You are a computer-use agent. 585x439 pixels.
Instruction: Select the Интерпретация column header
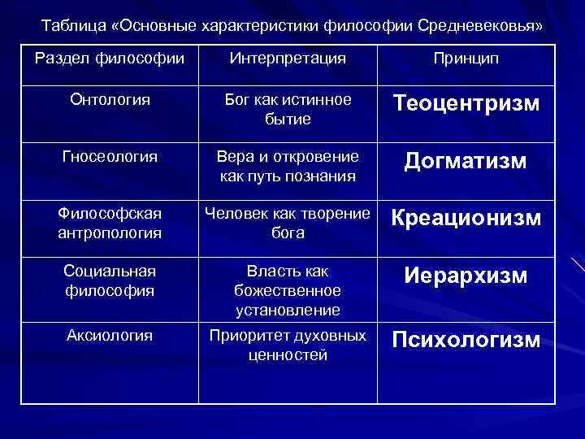288,59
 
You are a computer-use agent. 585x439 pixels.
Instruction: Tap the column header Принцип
466,59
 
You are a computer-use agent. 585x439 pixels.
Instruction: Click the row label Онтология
110,99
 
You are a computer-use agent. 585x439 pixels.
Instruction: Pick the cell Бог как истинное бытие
288,109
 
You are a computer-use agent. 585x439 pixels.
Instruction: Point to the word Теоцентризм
466,104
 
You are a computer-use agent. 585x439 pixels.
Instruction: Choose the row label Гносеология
109,154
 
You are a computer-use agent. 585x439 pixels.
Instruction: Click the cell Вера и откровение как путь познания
288,164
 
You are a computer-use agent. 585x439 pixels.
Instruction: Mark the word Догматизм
466,162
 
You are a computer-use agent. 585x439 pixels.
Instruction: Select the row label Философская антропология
110,222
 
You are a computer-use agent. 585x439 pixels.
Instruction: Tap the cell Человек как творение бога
288,222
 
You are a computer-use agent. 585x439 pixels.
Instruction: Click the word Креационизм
466,218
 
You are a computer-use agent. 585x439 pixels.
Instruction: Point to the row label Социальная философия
110,279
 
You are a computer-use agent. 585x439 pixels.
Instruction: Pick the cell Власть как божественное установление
288,289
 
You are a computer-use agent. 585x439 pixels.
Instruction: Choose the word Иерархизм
466,276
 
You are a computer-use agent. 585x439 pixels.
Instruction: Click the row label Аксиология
110,335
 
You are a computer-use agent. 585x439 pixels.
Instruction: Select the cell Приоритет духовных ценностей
288,345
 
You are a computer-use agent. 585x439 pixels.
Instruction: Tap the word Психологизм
466,339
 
